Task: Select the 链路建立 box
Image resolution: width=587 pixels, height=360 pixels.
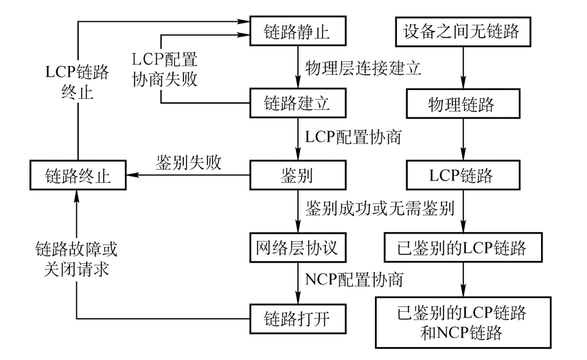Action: [x=297, y=104]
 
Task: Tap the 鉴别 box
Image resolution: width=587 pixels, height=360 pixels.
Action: [x=297, y=176]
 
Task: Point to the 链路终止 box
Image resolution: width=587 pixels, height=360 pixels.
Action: [x=76, y=176]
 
